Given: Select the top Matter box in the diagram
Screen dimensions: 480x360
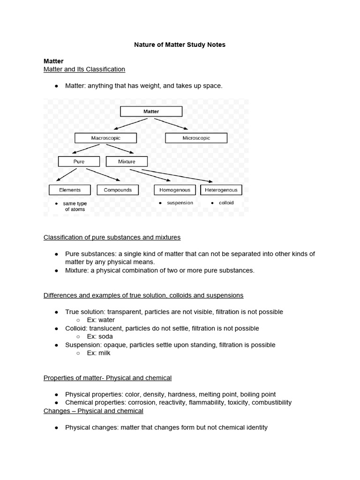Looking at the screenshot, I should [151, 112].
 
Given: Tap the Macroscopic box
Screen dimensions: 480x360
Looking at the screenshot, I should [105, 138].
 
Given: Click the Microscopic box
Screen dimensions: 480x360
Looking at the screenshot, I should [196, 138].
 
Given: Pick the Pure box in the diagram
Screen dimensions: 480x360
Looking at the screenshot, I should [79, 162].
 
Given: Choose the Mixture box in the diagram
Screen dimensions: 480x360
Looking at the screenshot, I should [127, 162].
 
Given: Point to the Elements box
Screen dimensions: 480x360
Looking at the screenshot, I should [70, 190].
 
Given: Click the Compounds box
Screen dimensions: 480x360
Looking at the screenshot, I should [118, 190].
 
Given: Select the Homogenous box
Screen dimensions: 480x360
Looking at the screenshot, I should [175, 190].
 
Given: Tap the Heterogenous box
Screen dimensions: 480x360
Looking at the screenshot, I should [221, 190].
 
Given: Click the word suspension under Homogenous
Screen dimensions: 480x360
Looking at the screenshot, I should [180, 203].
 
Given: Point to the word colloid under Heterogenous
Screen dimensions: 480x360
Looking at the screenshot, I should [226, 203].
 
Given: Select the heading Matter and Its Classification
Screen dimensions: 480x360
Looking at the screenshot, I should [84, 69].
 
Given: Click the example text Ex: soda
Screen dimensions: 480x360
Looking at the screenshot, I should [100, 337].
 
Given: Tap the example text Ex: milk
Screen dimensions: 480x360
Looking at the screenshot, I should [98, 353].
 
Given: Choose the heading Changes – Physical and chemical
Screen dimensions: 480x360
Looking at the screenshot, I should [93, 411].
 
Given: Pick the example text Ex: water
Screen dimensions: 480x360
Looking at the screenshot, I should [101, 320].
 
